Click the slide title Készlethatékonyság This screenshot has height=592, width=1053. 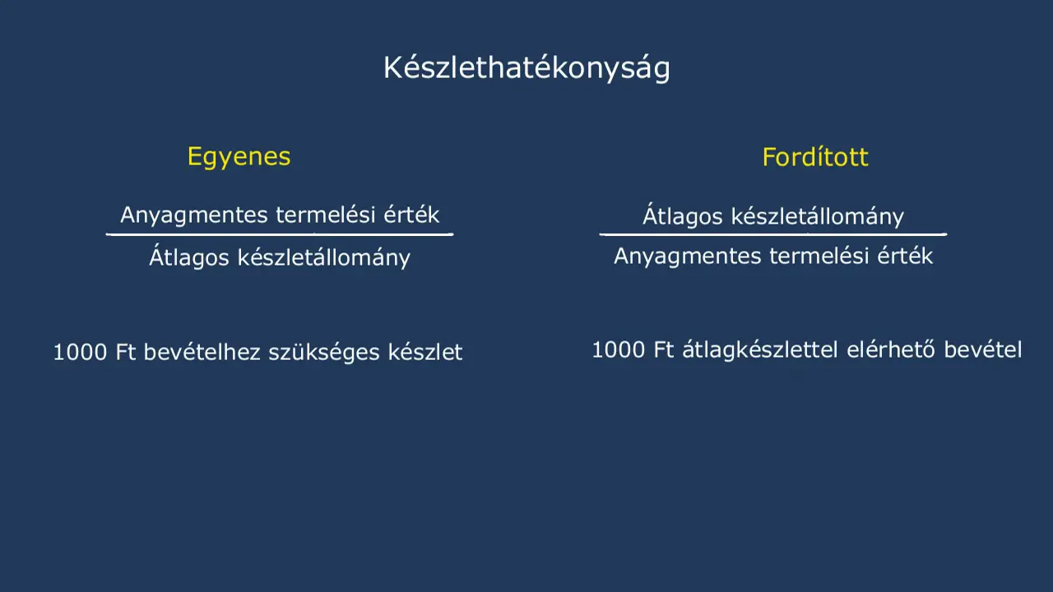click(526, 68)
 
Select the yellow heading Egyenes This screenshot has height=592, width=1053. click(239, 157)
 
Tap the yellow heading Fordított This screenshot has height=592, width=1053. click(815, 157)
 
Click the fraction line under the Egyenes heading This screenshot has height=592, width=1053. click(280, 234)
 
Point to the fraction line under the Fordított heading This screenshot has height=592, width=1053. click(773, 234)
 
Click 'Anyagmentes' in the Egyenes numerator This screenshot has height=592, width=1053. click(194, 215)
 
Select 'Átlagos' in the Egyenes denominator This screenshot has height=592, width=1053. click(189, 257)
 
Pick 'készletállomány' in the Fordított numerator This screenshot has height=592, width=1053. click(818, 216)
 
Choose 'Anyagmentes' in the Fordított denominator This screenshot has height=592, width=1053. click(688, 257)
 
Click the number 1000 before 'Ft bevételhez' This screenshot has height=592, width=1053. click(80, 352)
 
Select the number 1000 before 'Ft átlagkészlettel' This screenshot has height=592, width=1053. click(619, 350)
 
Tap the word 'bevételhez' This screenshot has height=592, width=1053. click(202, 352)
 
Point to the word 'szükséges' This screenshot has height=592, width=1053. click(324, 353)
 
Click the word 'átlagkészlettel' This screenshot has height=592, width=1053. click(760, 350)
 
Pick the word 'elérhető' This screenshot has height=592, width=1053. click(891, 349)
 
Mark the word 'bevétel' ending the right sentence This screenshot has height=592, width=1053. click(983, 350)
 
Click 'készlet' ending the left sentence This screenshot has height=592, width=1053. click(425, 352)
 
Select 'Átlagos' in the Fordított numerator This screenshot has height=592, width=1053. click(683, 215)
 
